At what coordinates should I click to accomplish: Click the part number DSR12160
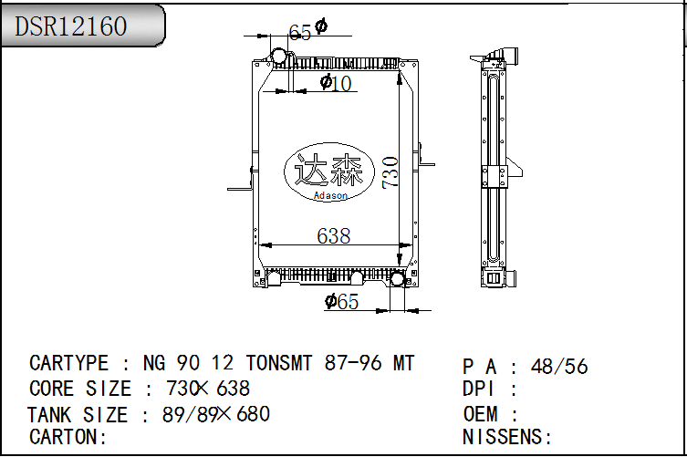click(x=71, y=26)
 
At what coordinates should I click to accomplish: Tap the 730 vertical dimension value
click(x=390, y=172)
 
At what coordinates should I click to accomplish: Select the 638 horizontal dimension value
click(x=334, y=236)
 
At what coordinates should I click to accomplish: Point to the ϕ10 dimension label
click(x=336, y=83)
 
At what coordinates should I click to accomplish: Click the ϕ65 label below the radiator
click(x=342, y=301)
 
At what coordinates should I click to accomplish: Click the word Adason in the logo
click(x=330, y=196)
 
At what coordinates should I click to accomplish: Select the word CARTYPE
click(x=68, y=363)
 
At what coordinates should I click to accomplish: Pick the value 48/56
click(x=559, y=367)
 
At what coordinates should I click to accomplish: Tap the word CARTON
click(x=64, y=437)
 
